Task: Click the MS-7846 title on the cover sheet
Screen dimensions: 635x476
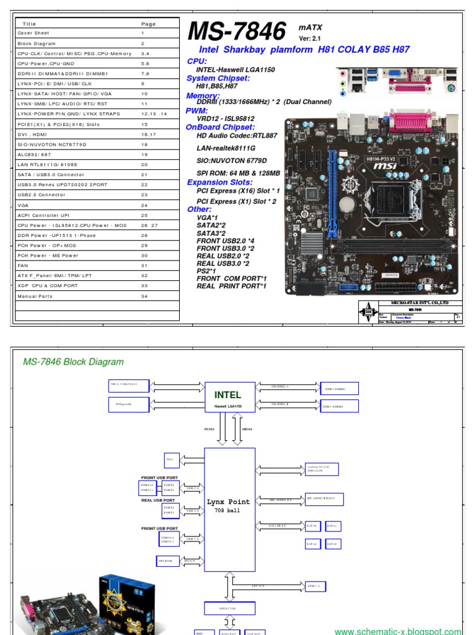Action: click(x=237, y=31)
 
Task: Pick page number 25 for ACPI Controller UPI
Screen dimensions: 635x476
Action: click(x=144, y=215)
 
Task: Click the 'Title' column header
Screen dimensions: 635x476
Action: click(x=30, y=24)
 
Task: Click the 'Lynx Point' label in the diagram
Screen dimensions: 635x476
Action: click(x=230, y=502)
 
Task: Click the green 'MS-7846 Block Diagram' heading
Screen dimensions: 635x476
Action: click(x=73, y=362)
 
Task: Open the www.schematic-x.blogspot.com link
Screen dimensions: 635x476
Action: click(x=397, y=631)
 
